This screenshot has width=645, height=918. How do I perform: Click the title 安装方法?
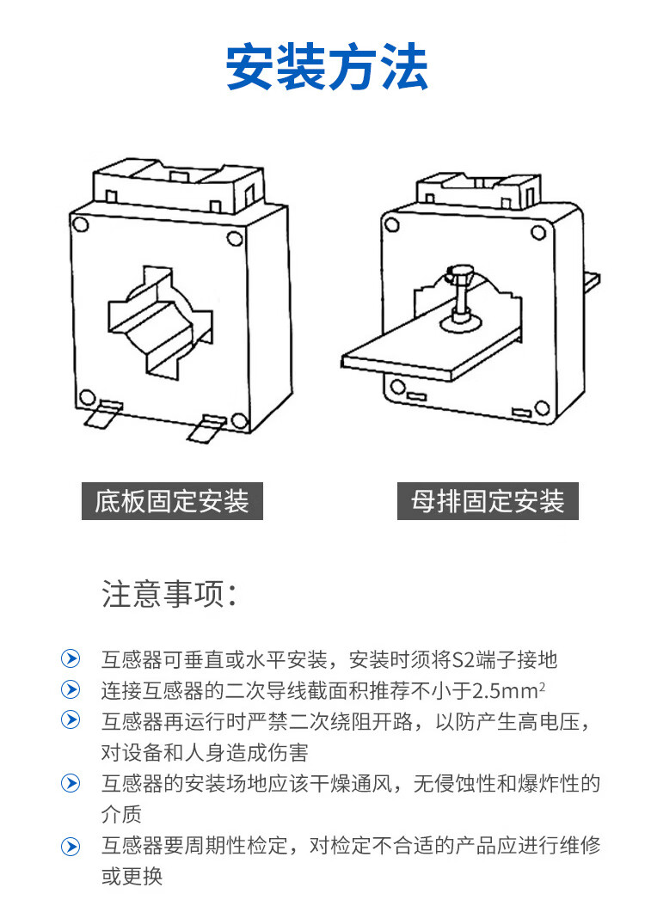[x=327, y=70]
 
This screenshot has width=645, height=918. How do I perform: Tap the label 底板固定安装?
[x=172, y=501]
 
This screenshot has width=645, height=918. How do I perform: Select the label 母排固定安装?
[x=488, y=501]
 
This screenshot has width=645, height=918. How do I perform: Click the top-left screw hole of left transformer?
[x=80, y=224]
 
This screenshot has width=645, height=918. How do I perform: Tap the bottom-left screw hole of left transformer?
[x=87, y=397]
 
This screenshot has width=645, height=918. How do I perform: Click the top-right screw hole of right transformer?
[x=539, y=231]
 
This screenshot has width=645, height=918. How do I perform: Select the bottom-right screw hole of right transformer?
[x=542, y=407]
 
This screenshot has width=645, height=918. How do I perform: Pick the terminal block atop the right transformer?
[x=477, y=191]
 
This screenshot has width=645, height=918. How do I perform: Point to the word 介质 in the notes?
[x=121, y=814]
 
